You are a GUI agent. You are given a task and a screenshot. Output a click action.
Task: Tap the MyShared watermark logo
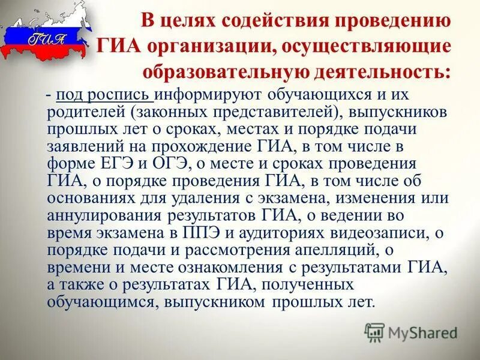click(411, 331)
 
